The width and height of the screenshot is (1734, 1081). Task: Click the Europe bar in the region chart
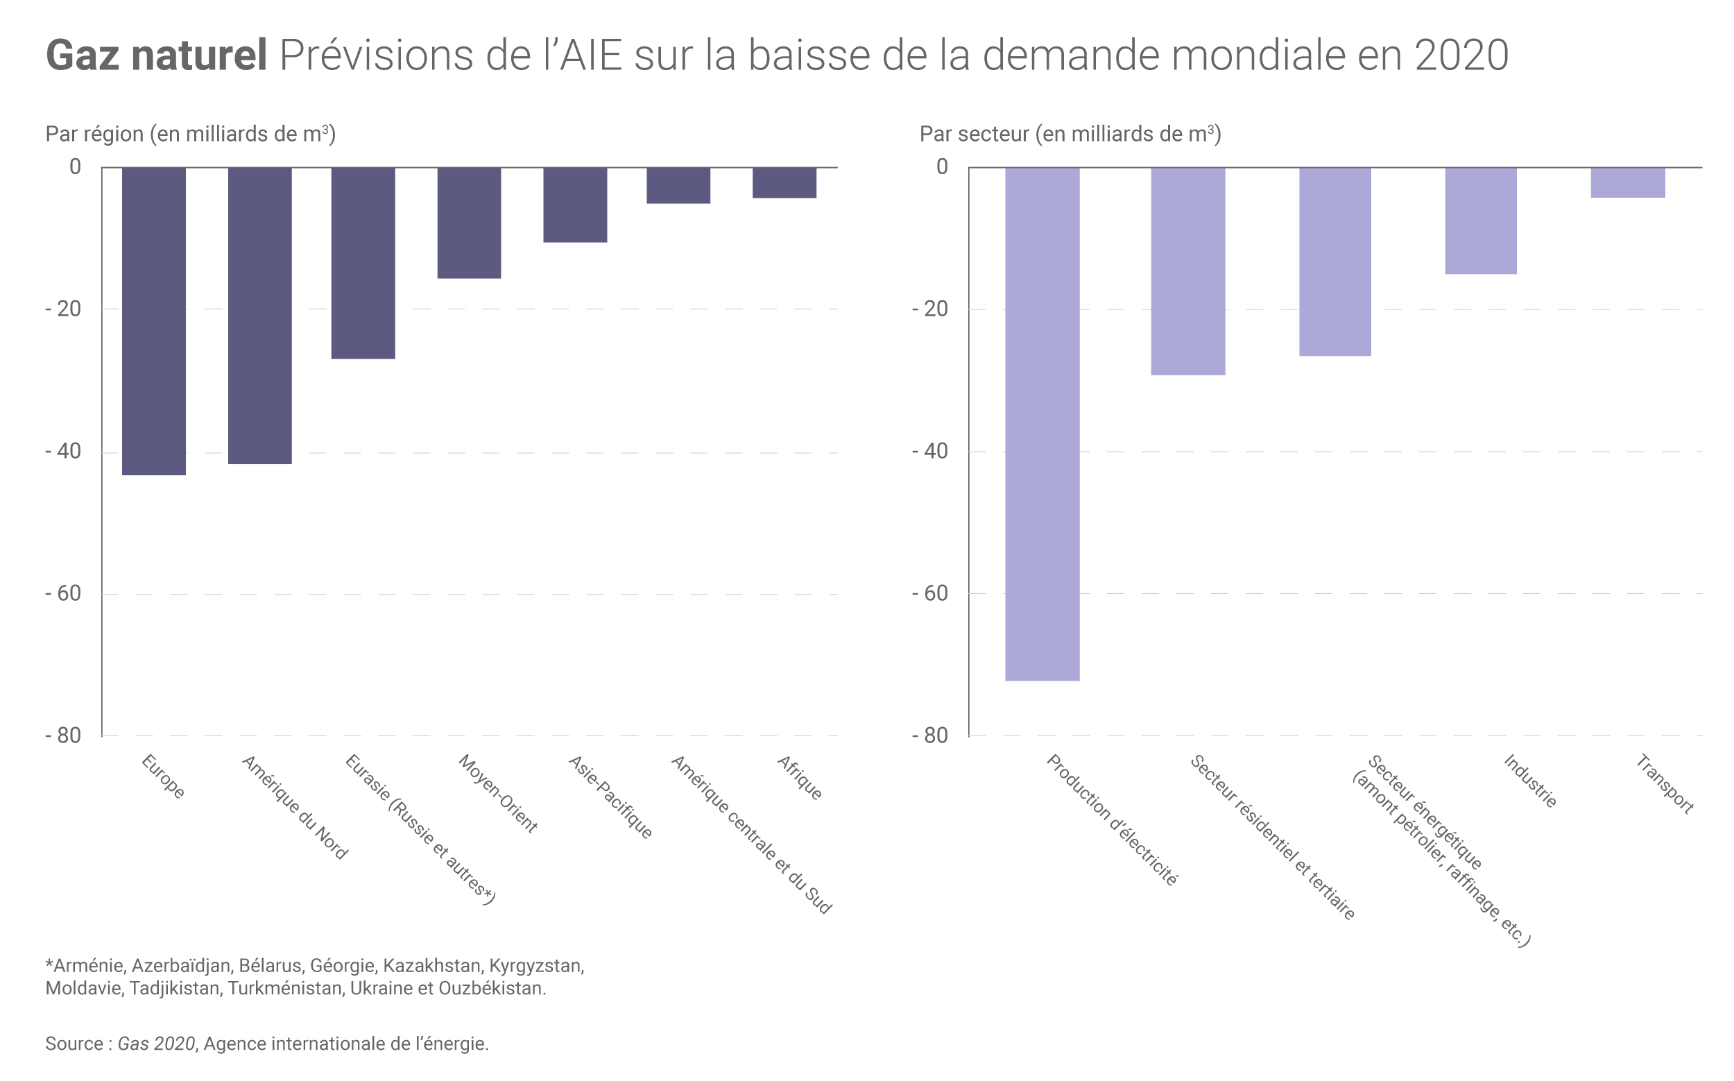[154, 321]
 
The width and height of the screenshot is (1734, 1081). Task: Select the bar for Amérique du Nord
[259, 315]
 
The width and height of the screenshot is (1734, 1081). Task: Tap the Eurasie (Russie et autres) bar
[363, 262]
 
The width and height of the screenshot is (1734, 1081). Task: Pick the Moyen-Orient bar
[469, 222]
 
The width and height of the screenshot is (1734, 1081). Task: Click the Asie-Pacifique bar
[575, 205]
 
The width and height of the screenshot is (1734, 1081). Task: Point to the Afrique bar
[784, 182]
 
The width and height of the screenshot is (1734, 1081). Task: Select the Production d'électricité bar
[1042, 423]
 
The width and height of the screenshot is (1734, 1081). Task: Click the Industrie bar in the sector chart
[1480, 220]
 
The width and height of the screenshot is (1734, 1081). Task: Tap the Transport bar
[1627, 182]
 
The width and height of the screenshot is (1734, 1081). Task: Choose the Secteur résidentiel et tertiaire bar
[1188, 271]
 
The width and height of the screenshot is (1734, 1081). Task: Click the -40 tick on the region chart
[63, 452]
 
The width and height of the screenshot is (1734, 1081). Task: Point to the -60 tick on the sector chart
[930, 593]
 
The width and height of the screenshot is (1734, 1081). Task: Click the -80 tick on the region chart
[63, 735]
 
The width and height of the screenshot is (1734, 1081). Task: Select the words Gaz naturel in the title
[157, 55]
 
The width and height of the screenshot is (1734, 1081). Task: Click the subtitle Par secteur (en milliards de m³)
[1070, 134]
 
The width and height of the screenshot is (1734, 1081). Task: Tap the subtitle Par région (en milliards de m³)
[190, 134]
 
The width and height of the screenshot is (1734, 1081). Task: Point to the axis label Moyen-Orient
[497, 794]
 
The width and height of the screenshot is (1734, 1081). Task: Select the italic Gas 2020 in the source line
[156, 1044]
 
